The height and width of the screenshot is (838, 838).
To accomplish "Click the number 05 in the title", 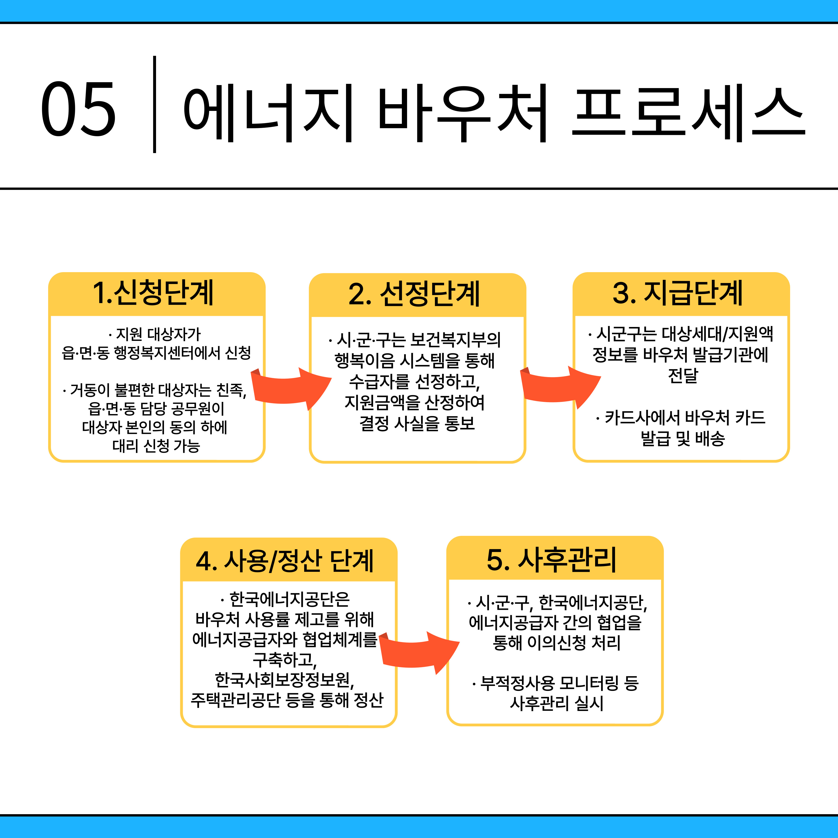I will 78,108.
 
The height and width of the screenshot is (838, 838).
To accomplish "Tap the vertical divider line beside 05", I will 154,104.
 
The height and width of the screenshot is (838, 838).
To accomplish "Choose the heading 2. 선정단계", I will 414,294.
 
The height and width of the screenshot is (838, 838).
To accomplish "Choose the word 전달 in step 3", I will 683,375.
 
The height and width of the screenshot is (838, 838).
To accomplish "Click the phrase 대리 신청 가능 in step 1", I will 156,446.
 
